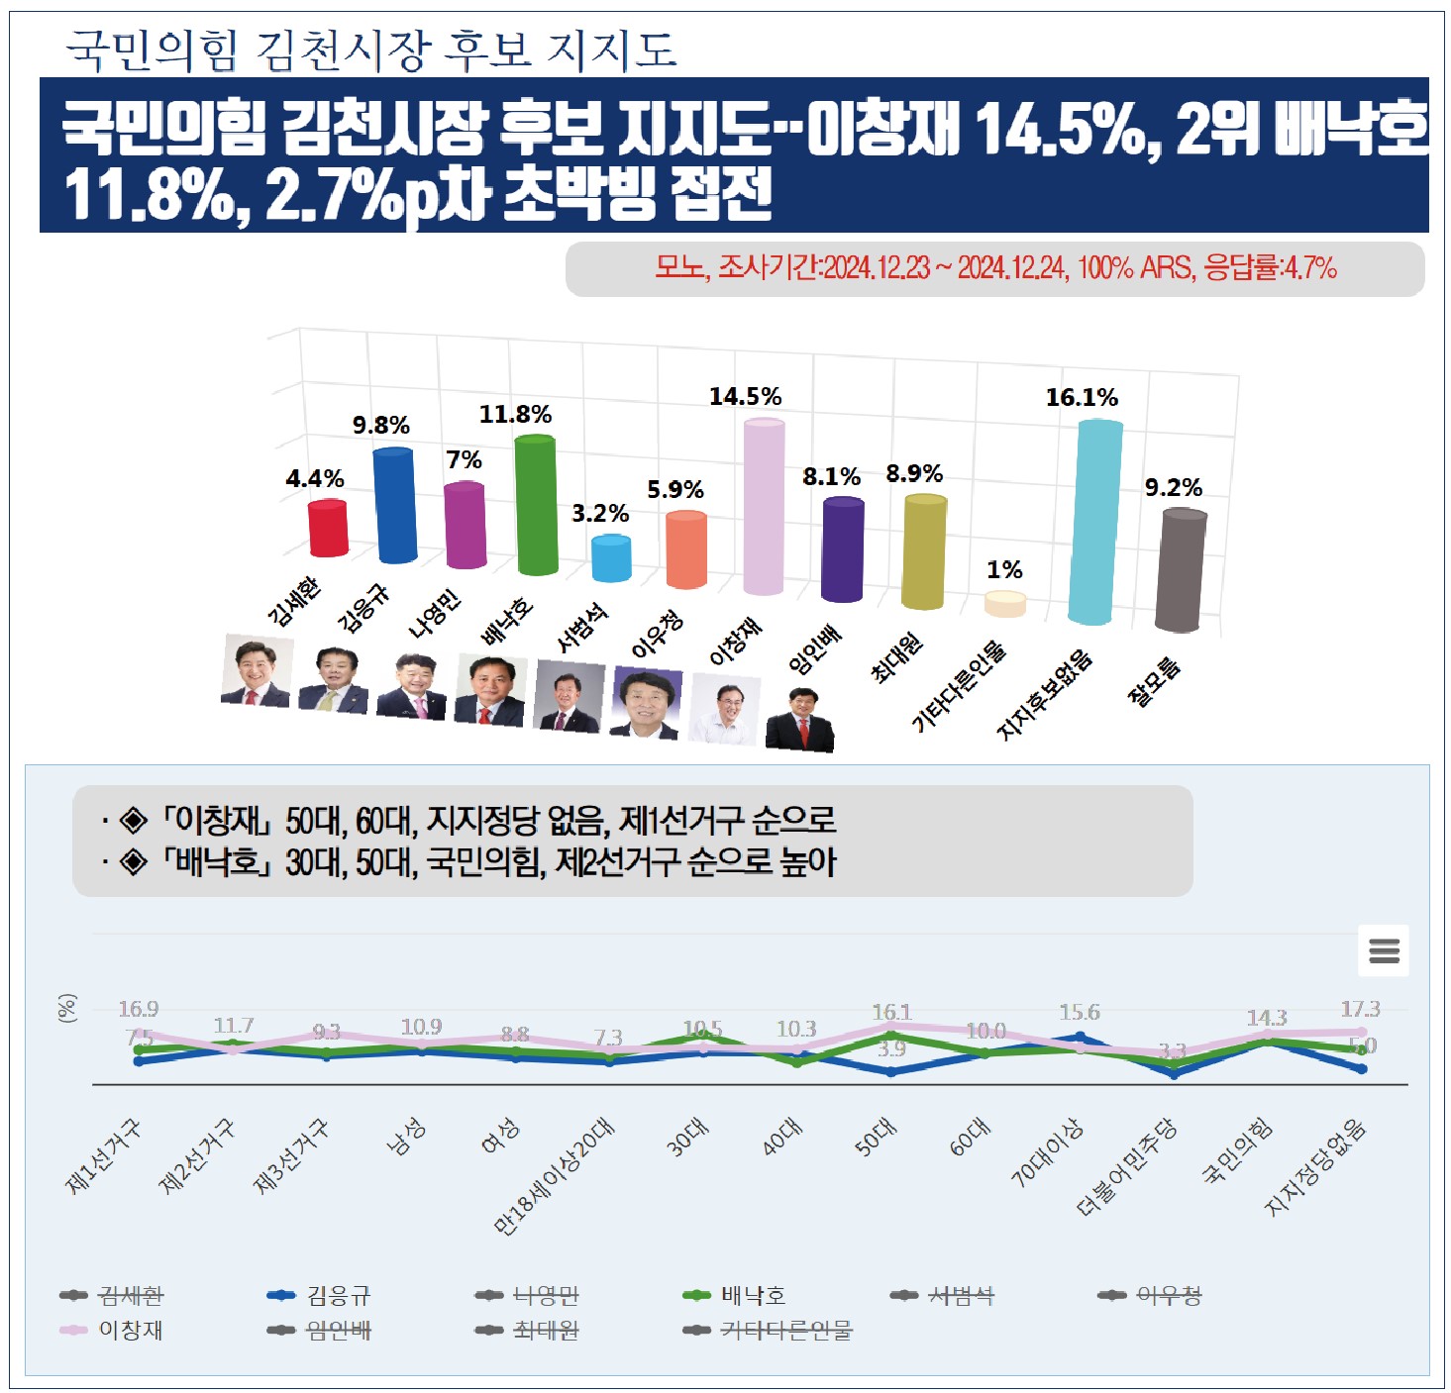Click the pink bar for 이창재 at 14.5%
point(764,507)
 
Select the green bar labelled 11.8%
point(536,505)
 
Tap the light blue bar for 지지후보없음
point(1095,522)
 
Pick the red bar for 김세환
point(328,529)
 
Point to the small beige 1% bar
point(1004,603)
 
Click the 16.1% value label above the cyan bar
point(1082,398)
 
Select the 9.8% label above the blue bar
point(381,426)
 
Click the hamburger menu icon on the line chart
point(1383,950)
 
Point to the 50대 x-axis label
point(877,1138)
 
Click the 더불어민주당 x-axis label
point(1127,1168)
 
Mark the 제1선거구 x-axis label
point(103,1156)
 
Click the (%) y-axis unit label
point(66,1009)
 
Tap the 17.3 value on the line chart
point(1360,1009)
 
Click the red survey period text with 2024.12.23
point(995,267)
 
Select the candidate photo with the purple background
point(646,702)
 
